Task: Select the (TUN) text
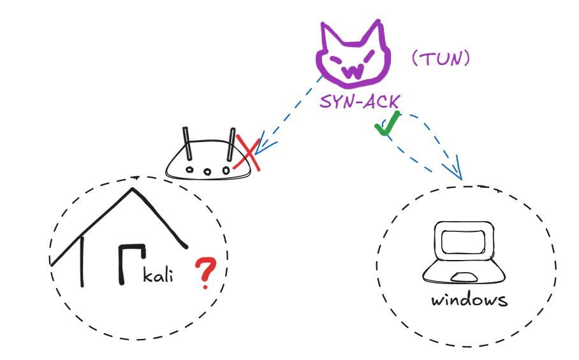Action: click(441, 59)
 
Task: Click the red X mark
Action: click(247, 153)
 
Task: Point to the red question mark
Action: click(205, 270)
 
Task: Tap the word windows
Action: click(469, 299)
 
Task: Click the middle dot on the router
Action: click(207, 171)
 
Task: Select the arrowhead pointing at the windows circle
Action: click(457, 170)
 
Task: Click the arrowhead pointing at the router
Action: click(261, 144)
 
